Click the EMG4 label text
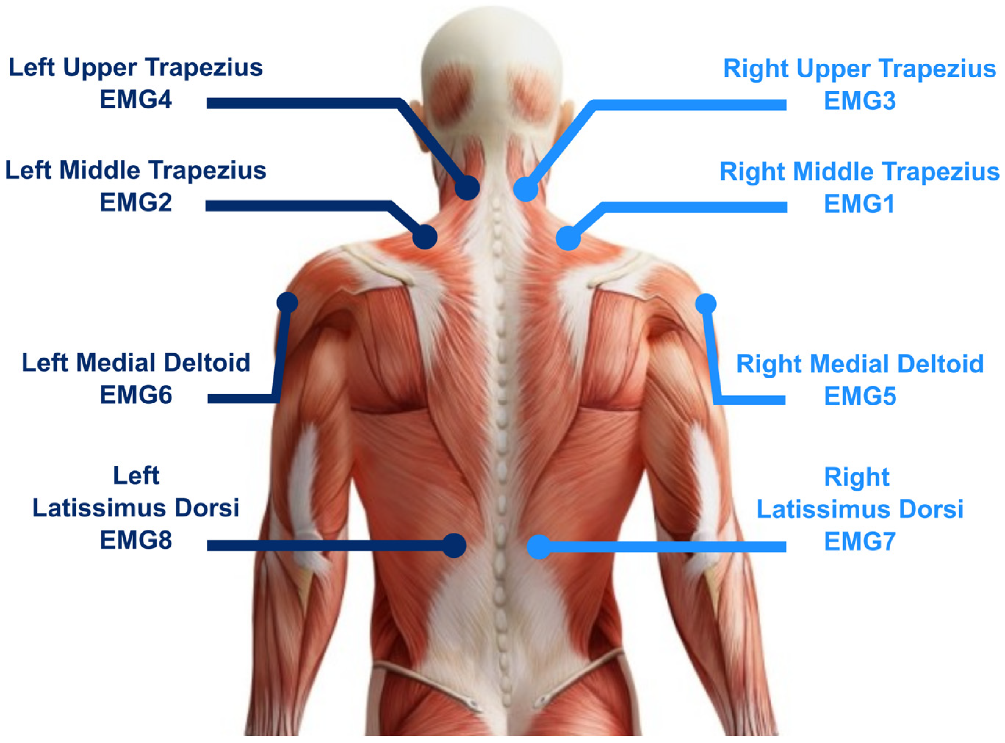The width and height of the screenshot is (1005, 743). tap(136, 100)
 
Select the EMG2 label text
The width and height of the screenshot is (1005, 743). tap(136, 202)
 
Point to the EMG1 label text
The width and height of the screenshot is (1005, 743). tap(859, 204)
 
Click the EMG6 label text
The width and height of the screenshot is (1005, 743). tap(136, 395)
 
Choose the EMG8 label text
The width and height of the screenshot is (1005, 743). tap(136, 540)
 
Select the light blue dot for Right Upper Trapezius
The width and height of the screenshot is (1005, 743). tap(526, 189)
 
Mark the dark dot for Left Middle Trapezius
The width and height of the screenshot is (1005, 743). tap(425, 237)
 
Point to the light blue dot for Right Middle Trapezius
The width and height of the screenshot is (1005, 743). tap(568, 238)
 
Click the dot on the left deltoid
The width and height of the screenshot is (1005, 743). tap(287, 302)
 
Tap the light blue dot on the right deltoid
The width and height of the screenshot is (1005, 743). tap(706, 304)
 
